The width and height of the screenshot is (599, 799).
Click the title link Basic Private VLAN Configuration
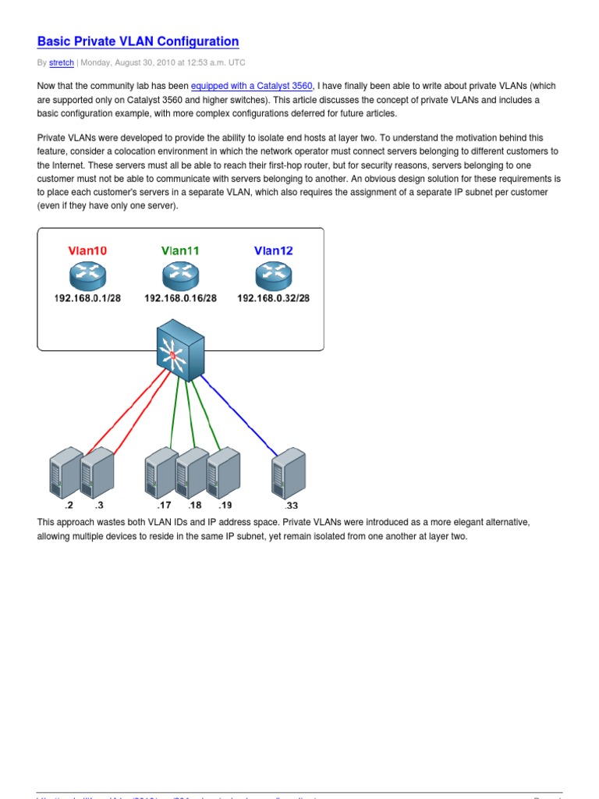[138, 41]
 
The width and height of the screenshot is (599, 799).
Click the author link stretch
[62, 62]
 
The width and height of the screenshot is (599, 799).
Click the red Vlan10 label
[87, 250]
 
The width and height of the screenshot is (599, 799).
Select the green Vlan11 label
[180, 250]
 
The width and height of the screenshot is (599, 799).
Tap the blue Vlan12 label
[274, 250]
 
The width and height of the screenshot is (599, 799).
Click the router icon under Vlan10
[87, 275]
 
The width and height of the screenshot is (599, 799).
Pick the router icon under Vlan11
[181, 275]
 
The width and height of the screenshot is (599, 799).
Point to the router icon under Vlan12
[274, 275]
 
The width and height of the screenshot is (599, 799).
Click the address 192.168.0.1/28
[87, 299]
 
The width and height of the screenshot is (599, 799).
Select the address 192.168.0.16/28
[180, 299]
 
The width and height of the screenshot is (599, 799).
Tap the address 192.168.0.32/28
[274, 299]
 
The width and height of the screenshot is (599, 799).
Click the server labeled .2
[66, 473]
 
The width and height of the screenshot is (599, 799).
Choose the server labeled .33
[288, 473]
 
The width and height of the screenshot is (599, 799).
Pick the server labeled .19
[223, 471]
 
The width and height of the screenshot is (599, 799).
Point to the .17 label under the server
[164, 506]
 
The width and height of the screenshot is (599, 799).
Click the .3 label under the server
[97, 506]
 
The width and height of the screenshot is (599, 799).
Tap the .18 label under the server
[194, 506]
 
